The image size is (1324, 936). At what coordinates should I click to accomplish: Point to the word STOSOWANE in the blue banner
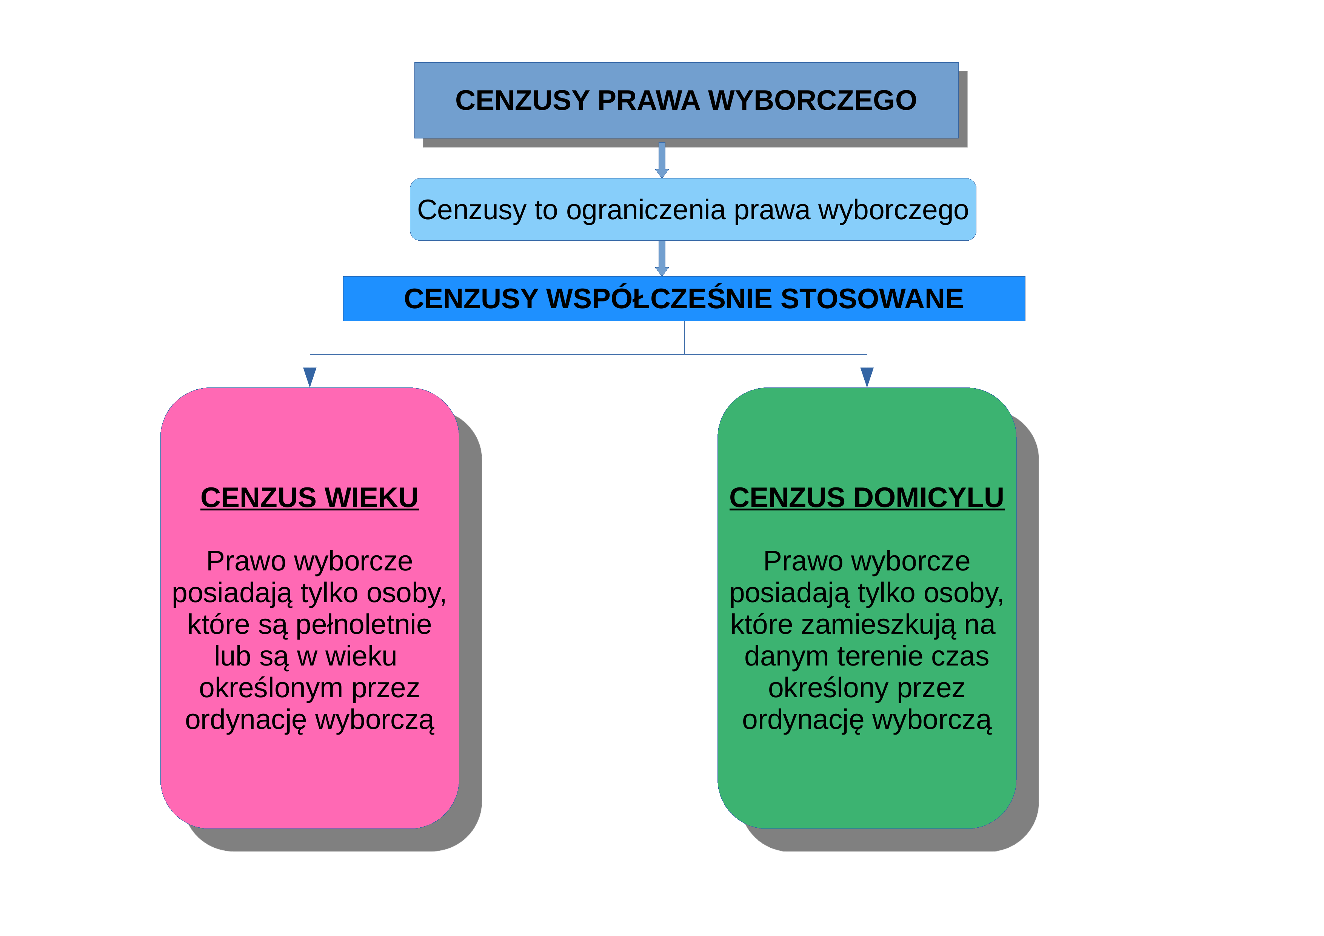(872, 299)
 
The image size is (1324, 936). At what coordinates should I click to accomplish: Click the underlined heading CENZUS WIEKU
(309, 498)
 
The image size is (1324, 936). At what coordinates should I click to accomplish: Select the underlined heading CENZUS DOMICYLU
(867, 498)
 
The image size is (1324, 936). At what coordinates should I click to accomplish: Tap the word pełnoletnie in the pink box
(363, 625)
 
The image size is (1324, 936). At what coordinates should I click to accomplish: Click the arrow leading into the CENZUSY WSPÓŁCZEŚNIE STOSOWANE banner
(662, 258)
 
